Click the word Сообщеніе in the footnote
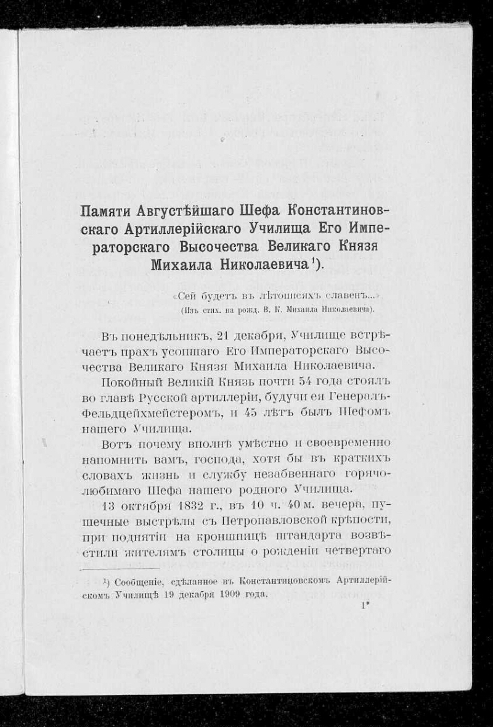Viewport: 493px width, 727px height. [x=141, y=581]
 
